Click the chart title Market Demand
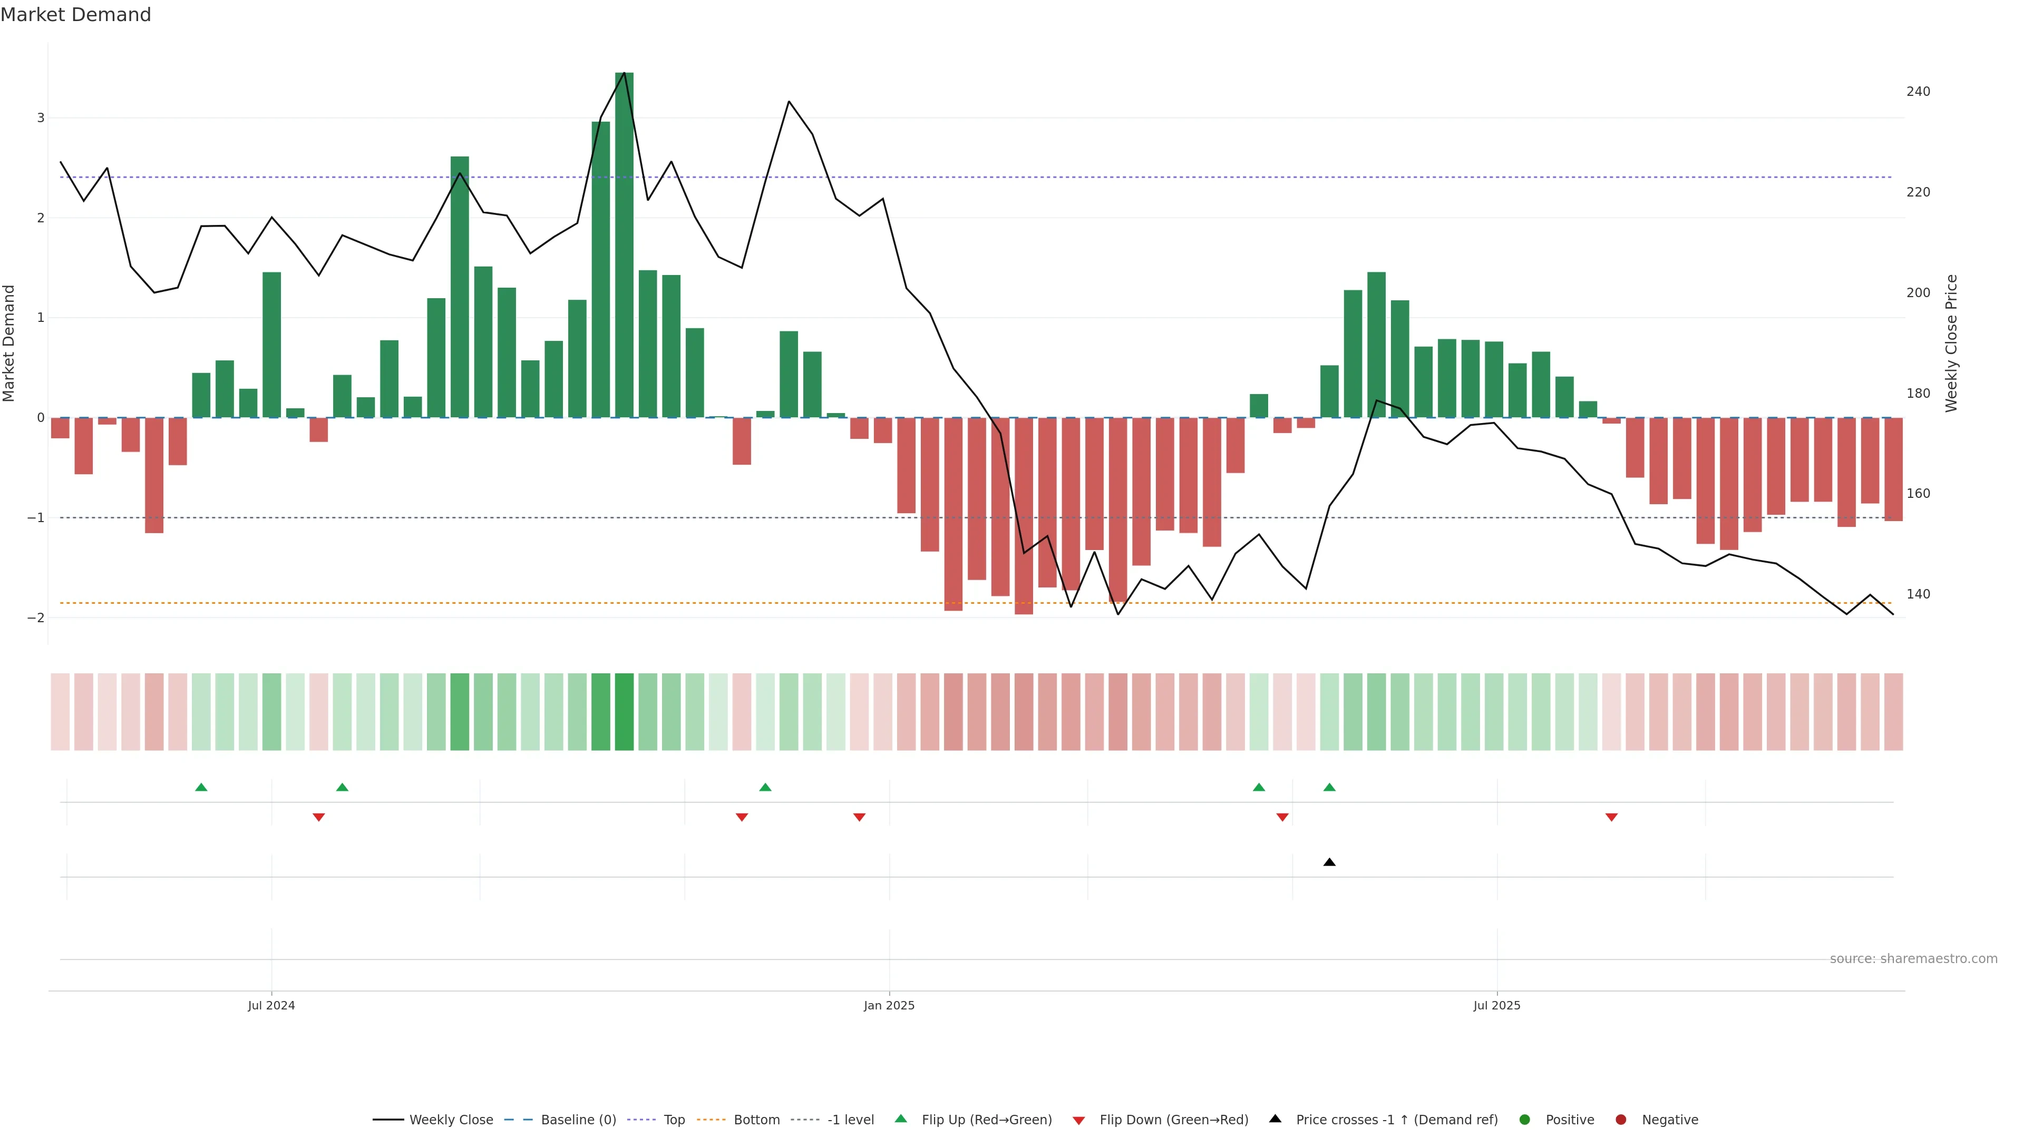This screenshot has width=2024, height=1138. [75, 15]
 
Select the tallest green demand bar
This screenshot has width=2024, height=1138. [624, 243]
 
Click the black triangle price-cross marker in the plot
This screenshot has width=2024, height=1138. [1329, 862]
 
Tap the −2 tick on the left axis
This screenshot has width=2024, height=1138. [36, 618]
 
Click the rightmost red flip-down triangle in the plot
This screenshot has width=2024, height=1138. [1611, 818]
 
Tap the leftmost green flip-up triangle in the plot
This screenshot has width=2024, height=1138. [201, 787]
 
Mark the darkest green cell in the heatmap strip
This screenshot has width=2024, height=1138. [624, 712]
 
